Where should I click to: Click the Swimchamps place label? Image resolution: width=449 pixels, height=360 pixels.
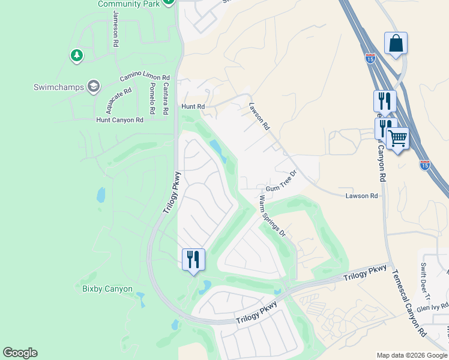(58, 87)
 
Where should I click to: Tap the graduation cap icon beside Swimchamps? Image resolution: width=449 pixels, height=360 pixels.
(93, 87)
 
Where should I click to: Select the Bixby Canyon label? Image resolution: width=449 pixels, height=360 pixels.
(107, 289)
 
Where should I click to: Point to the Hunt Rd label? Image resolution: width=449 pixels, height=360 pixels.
(193, 106)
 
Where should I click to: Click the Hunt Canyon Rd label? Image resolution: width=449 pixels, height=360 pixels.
(120, 120)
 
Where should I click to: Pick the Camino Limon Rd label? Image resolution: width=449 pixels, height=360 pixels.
(145, 76)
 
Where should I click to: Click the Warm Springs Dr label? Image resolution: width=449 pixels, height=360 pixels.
(272, 215)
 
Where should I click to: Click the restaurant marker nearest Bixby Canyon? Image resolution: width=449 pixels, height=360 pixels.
(193, 260)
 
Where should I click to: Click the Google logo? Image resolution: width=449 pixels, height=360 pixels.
(20, 353)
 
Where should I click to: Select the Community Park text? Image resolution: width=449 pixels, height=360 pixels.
(129, 4)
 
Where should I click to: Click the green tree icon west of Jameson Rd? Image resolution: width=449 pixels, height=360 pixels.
(76, 56)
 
